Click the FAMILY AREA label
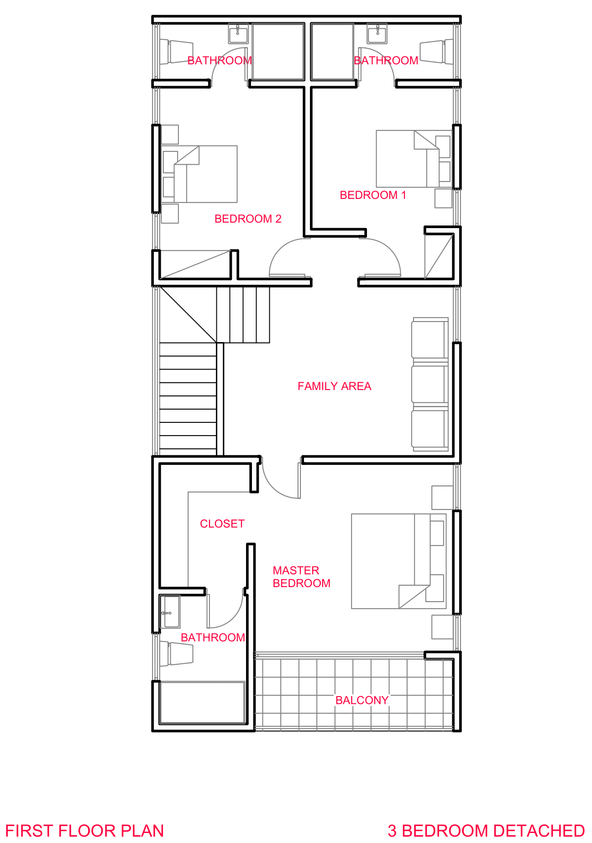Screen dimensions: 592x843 [335, 386]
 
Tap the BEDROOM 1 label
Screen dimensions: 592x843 [373, 195]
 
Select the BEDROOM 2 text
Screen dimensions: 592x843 [248, 219]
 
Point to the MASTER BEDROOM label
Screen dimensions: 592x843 [301, 577]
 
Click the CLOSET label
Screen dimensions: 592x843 [222, 524]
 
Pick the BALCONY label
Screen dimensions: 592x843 [362, 700]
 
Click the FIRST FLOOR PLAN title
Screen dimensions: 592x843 [84, 831]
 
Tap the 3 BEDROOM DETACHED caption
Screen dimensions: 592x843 [486, 831]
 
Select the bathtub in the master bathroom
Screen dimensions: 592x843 [202, 702]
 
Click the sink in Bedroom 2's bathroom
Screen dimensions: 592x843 [238, 33]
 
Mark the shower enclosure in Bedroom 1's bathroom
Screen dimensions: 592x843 [332, 52]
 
